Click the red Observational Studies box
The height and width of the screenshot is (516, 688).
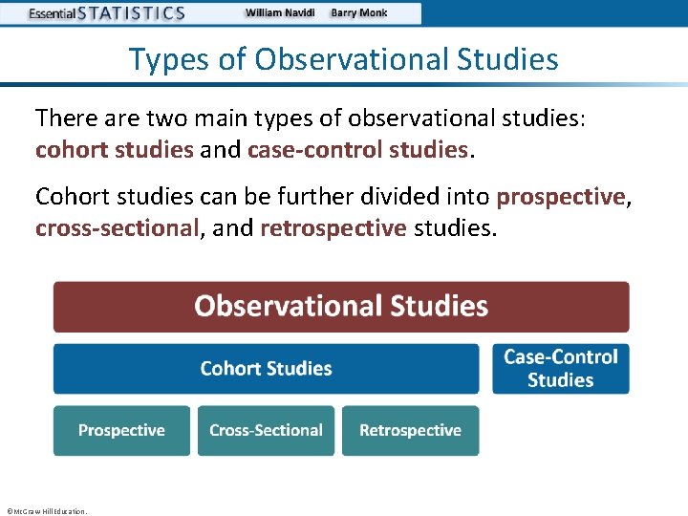coord(341,307)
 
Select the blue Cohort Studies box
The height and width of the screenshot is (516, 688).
coord(266,369)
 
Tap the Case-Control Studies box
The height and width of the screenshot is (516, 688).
coord(561,369)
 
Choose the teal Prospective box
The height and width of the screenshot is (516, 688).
coord(121,431)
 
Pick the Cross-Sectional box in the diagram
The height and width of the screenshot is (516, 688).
coord(266,431)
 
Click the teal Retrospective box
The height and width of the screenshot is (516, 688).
coord(410,431)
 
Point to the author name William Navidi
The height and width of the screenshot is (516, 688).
coord(280,13)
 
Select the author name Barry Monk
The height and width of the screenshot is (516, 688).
coord(359,13)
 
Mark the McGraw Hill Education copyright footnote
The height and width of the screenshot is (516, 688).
coord(46,511)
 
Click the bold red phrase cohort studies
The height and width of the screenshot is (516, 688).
coord(114,150)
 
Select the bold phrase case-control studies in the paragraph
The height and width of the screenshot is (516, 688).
coord(358,150)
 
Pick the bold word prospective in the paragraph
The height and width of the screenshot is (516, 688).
coord(560,197)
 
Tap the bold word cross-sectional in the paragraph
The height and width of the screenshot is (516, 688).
coord(118,229)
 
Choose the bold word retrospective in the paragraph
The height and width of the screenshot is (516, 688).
coord(333,229)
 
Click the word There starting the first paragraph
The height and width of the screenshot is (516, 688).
coord(62,118)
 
